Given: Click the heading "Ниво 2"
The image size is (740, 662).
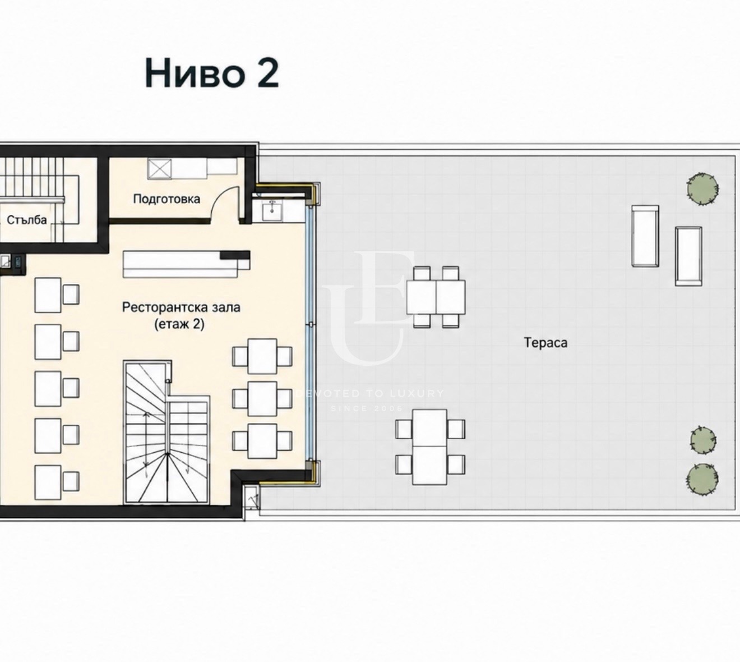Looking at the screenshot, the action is [211, 73].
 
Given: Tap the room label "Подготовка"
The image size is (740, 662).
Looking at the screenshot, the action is [166, 199].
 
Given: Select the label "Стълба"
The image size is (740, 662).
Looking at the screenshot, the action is [27, 220].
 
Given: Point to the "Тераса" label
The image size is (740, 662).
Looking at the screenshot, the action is [545, 343].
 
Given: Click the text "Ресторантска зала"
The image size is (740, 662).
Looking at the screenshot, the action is [181, 307].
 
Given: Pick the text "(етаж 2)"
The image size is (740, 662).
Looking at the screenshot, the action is [179, 324].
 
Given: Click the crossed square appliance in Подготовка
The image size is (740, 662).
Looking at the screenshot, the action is [159, 169].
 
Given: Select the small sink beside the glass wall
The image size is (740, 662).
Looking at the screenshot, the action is [272, 212].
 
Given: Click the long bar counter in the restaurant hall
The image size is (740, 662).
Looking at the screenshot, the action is [186, 264].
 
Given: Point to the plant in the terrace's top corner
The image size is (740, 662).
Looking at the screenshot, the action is [702, 189].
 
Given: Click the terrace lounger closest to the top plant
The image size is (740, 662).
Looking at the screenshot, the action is [645, 236].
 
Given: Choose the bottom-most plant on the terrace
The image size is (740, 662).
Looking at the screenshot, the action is [702, 480].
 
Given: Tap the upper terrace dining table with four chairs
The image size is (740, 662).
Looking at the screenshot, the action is [436, 297].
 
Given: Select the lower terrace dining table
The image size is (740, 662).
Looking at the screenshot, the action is [430, 447].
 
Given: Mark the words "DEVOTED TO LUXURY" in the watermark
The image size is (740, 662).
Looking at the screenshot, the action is [370, 394].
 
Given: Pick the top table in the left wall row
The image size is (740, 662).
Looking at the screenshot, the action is [48, 295].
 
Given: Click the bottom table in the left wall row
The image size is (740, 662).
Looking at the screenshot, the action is [48, 482].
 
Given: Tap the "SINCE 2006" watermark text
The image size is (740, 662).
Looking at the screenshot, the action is [366, 408].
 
